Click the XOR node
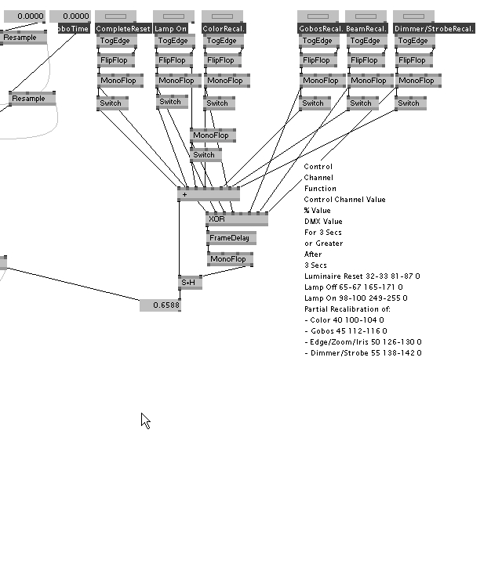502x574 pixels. [236, 219]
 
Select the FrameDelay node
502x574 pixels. [231, 237]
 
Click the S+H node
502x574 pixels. [190, 283]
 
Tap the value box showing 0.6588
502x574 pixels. [160, 305]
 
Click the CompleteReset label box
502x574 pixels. [123, 28]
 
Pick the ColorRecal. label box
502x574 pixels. [223, 28]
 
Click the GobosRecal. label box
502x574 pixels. [318, 28]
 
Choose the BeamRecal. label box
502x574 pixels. [366, 28]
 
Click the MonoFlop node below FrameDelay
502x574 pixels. [230, 259]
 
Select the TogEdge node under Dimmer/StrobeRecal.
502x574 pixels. [413, 41]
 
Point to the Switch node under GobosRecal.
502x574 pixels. [315, 103]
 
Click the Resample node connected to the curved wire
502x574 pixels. [32, 99]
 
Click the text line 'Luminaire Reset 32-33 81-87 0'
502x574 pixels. [362, 276]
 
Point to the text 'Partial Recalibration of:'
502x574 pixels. [347, 309]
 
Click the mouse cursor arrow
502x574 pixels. [145, 421]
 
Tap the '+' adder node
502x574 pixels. [209, 194]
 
